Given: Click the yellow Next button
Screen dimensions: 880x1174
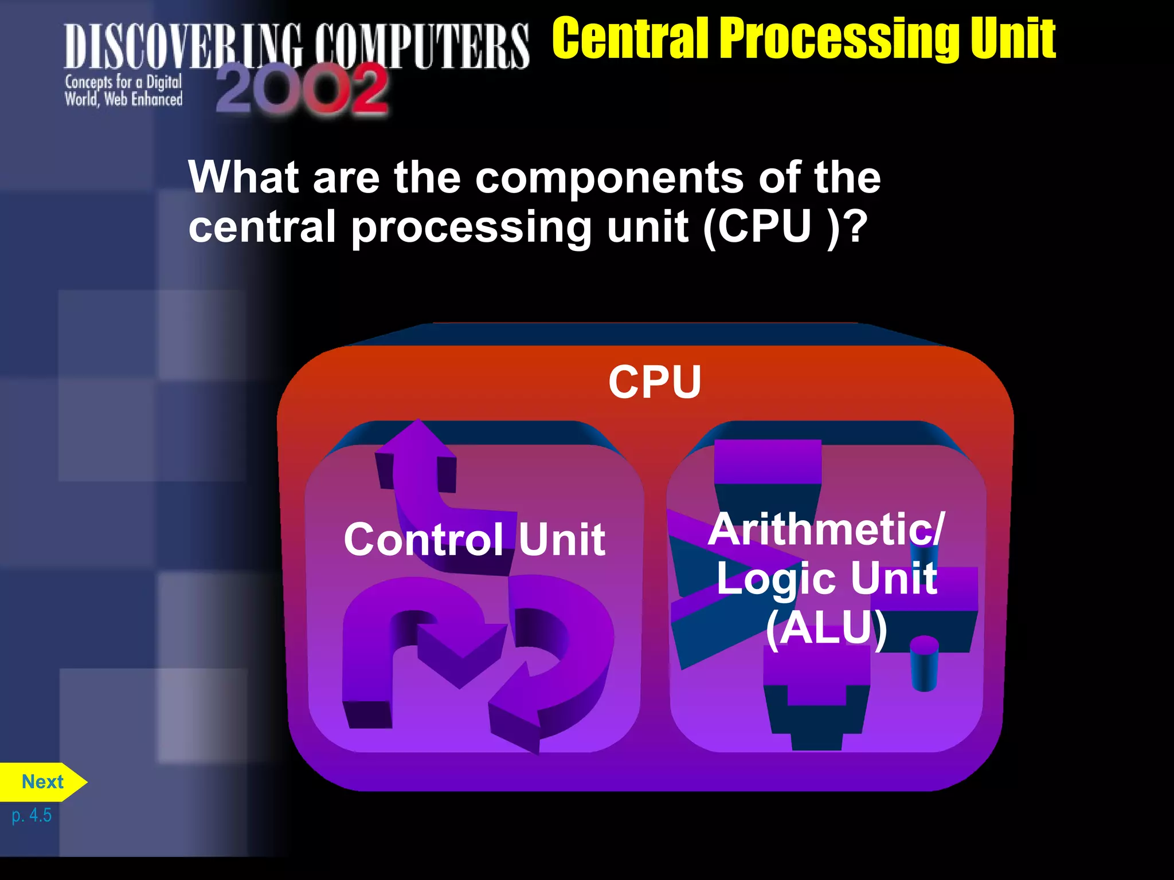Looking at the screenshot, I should [x=42, y=781].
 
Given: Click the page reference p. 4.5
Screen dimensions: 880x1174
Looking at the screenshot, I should [x=32, y=815].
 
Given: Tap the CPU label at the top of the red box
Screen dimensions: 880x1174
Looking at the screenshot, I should [x=655, y=382].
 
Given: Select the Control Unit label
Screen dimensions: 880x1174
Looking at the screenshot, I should [x=474, y=539].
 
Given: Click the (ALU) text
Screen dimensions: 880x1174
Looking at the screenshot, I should [x=827, y=628].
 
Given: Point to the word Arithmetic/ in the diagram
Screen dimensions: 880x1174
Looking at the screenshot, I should [x=826, y=529].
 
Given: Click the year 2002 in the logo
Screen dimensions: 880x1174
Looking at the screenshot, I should [x=302, y=89].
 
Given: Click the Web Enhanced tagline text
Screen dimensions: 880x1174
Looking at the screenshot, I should [x=143, y=100].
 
